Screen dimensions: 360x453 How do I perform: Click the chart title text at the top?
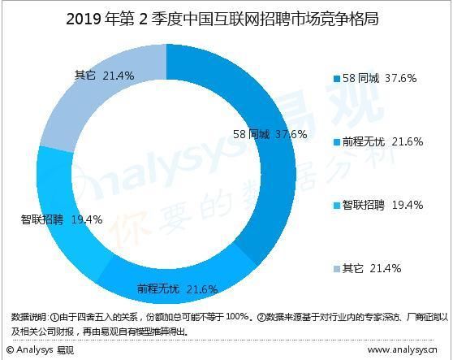click(x=226, y=18)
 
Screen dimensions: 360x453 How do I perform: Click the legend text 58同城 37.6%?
click(x=379, y=78)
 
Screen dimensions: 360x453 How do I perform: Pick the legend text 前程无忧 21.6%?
click(x=382, y=141)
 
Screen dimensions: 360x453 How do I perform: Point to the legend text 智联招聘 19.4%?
click(x=382, y=205)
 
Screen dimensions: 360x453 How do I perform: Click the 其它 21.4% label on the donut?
click(x=105, y=76)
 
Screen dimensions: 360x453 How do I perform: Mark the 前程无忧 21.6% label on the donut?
click(x=177, y=289)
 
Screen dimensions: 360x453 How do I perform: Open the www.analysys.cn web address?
click(x=406, y=350)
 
